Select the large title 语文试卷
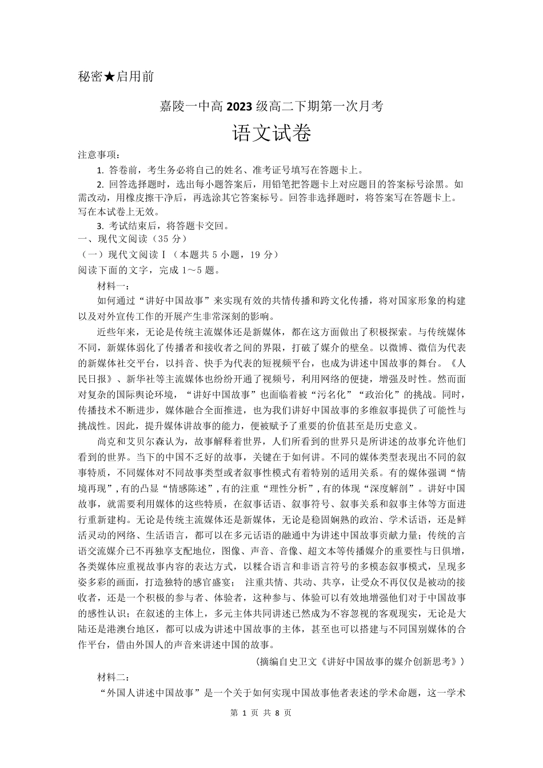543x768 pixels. click(271, 135)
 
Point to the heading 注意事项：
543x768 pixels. click(99, 155)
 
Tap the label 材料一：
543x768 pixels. click(114, 286)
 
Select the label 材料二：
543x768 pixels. click(114, 678)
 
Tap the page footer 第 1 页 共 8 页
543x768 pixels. click(260, 713)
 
